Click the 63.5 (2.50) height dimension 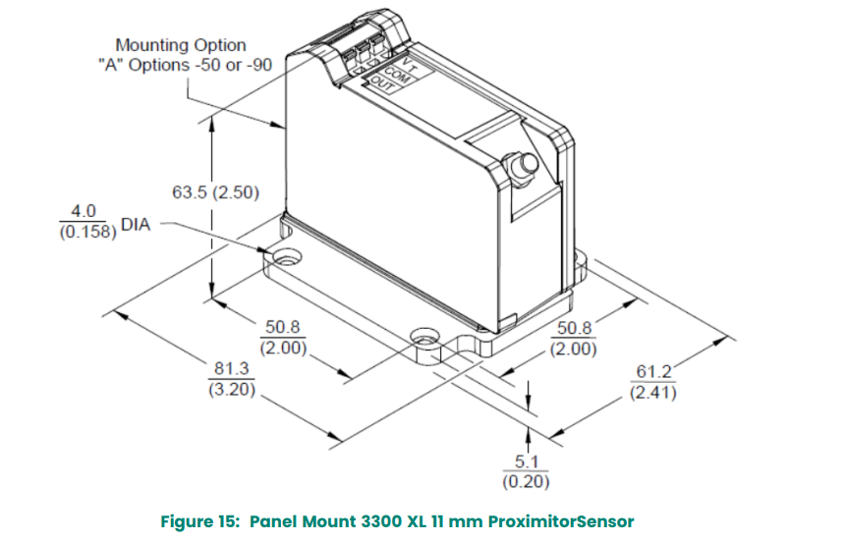tap(215, 192)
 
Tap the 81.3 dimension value tap(232, 368)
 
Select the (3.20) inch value tap(232, 389)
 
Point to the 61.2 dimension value tap(653, 371)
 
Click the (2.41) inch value tap(653, 392)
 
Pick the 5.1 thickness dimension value tap(526, 461)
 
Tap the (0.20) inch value tap(526, 481)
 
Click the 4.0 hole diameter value tap(83, 211)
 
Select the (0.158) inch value tap(87, 232)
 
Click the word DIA tap(136, 224)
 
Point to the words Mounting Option tap(181, 45)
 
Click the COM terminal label tap(397, 76)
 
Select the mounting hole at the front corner tap(425, 337)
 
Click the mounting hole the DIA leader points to tap(286, 256)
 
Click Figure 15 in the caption tap(199, 521)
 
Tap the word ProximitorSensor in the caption tap(561, 521)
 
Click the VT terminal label tap(410, 66)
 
